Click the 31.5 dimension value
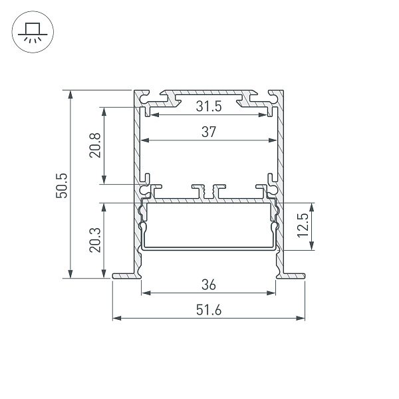[209, 106]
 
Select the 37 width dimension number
[209, 132]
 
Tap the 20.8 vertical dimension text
[94, 145]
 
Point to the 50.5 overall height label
[61, 185]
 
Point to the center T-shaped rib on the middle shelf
[209, 192]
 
